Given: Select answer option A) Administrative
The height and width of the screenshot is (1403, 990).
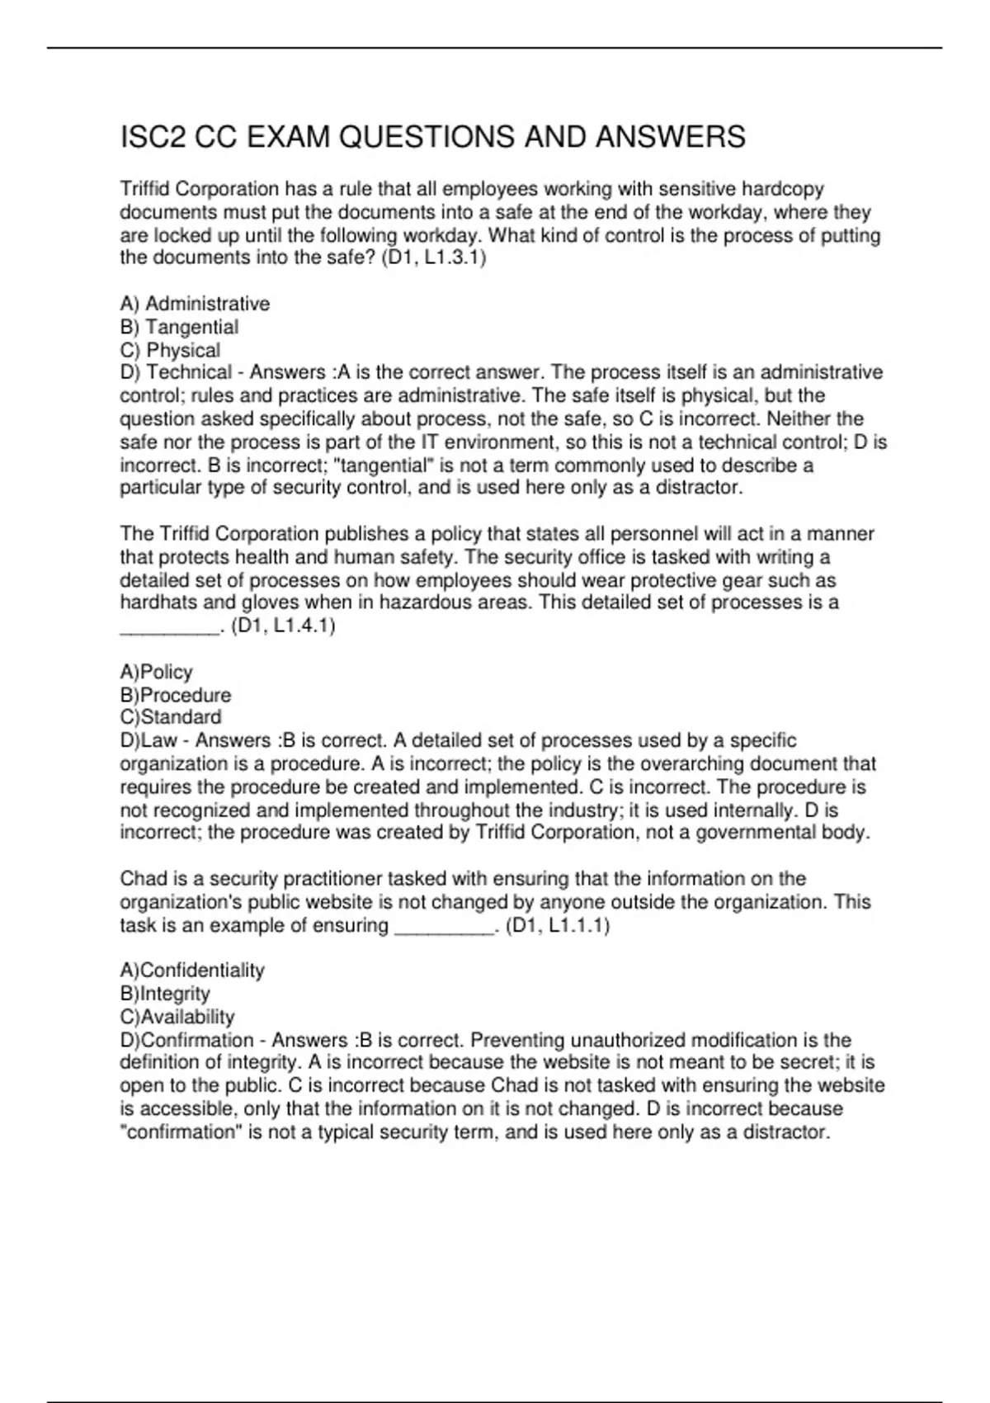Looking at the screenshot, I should pos(195,304).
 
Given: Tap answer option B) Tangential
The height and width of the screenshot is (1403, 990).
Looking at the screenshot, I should pos(179,327).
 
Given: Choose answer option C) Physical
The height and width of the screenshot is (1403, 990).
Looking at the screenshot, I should pos(170,350).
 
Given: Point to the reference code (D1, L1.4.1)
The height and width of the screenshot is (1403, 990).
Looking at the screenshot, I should pos(283,626).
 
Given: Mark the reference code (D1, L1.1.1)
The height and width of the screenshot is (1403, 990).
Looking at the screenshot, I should pos(558,925).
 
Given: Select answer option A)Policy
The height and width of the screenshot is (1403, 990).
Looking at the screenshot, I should pos(156,672).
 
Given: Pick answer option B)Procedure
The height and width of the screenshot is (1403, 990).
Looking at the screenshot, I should pos(175,695).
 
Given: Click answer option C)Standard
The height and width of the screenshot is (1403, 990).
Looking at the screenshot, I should pos(170,717).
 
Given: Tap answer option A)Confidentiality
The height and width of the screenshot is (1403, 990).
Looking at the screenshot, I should pos(191,970).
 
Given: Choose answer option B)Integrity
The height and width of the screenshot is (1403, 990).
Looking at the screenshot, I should pos(164,994).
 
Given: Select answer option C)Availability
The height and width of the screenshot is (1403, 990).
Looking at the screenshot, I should pos(177,1017).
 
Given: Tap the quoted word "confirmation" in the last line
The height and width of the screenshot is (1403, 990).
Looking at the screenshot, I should pos(180,1131).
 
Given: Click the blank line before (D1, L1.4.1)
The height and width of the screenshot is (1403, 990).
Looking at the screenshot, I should pos(170,629).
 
